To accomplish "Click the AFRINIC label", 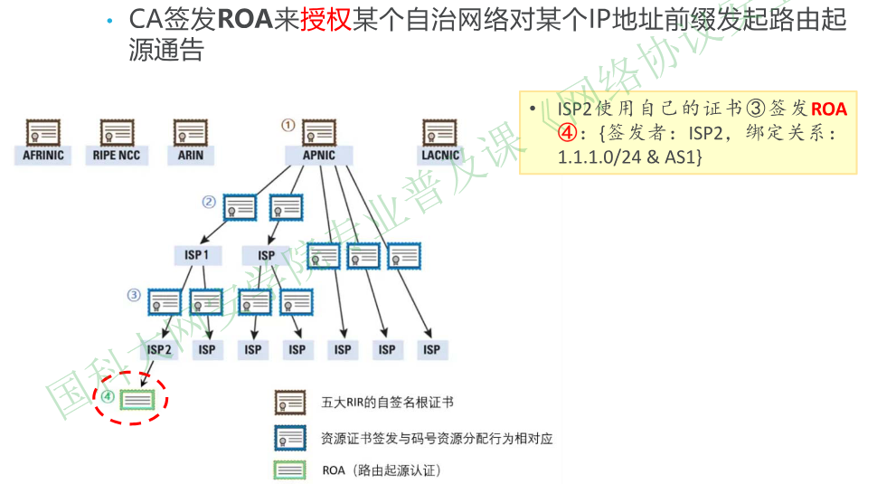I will point(43,156).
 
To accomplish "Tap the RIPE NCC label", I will point(118,156).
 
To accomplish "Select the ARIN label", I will point(191,156).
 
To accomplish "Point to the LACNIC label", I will point(440,156).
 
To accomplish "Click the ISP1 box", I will point(197,255).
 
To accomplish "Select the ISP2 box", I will point(159,349).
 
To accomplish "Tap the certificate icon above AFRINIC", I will point(43,134).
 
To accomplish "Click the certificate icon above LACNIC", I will point(440,134).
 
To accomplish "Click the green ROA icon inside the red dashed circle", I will point(137,398).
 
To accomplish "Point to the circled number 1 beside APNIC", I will point(288,125).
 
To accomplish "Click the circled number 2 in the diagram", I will point(209,202).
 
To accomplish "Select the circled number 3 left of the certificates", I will point(134,295).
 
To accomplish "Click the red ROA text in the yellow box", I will point(829,110).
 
